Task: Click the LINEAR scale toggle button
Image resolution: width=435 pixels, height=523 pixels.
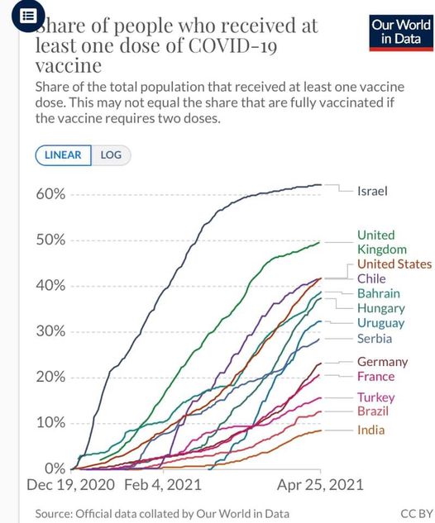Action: (x=63, y=155)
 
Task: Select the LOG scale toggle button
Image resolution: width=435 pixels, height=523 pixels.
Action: (x=111, y=155)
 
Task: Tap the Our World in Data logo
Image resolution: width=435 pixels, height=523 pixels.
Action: (x=401, y=33)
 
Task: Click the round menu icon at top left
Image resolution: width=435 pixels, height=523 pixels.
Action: (x=28, y=16)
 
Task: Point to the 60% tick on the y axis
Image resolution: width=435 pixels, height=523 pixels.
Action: (x=50, y=194)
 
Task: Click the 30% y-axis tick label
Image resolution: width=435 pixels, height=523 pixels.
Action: (x=50, y=331)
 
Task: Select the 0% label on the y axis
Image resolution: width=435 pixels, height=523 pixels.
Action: (x=55, y=468)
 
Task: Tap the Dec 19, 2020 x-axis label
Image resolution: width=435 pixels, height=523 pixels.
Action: (x=70, y=485)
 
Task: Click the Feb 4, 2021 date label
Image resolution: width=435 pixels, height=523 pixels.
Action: (x=163, y=485)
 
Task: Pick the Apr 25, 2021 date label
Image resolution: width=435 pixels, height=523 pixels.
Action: (x=320, y=485)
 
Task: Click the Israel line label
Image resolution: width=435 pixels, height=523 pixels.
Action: (x=372, y=191)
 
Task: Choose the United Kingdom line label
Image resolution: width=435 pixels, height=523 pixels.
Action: (x=382, y=242)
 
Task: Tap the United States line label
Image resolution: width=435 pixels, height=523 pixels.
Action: (x=394, y=264)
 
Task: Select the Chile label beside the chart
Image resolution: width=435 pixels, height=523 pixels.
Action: (x=371, y=278)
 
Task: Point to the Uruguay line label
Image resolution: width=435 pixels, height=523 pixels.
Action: (x=380, y=323)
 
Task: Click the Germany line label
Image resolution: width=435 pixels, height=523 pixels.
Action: (x=383, y=362)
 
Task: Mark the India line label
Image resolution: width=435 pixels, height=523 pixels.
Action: (x=370, y=430)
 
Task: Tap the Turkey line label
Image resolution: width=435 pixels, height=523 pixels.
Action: (x=376, y=397)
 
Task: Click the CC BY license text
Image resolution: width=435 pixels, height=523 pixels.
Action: (x=417, y=513)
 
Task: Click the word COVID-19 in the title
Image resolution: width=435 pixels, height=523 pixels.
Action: (x=232, y=45)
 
